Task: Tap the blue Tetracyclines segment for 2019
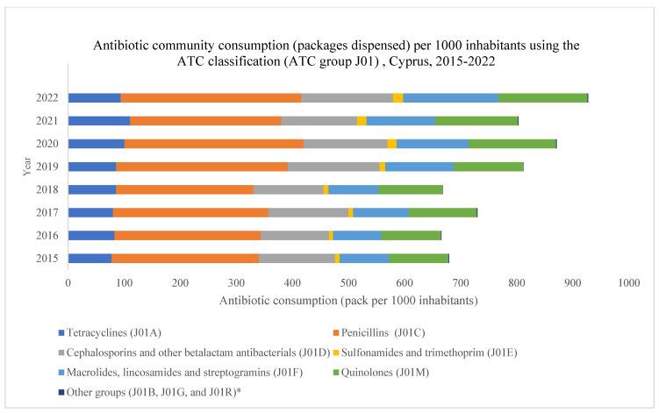(92, 166)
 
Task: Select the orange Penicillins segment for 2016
(187, 235)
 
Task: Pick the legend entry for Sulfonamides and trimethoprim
(496, 352)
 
